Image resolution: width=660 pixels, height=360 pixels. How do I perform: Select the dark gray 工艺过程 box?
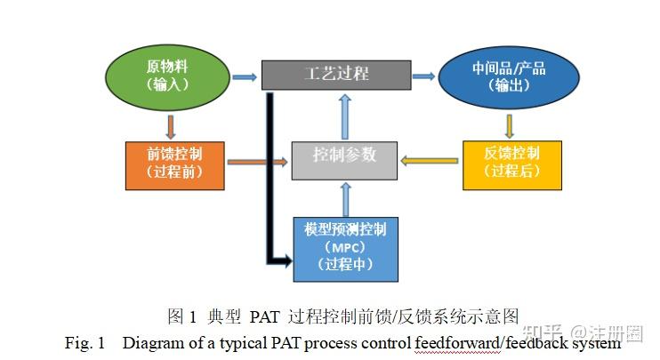click(336, 75)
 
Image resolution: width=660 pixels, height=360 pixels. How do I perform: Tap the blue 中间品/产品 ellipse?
click(510, 76)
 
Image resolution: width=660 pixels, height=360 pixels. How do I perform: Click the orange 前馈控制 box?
click(175, 161)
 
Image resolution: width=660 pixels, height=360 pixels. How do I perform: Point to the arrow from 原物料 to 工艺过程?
click(244, 76)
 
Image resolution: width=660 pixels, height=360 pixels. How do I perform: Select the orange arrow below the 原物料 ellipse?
click(169, 124)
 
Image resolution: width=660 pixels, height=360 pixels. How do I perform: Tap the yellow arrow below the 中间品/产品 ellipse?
click(511, 125)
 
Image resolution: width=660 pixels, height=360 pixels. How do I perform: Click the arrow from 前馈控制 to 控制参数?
click(258, 162)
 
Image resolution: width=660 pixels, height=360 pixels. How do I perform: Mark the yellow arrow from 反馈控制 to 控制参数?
click(429, 161)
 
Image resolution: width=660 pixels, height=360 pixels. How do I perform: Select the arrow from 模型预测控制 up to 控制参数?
click(346, 198)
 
